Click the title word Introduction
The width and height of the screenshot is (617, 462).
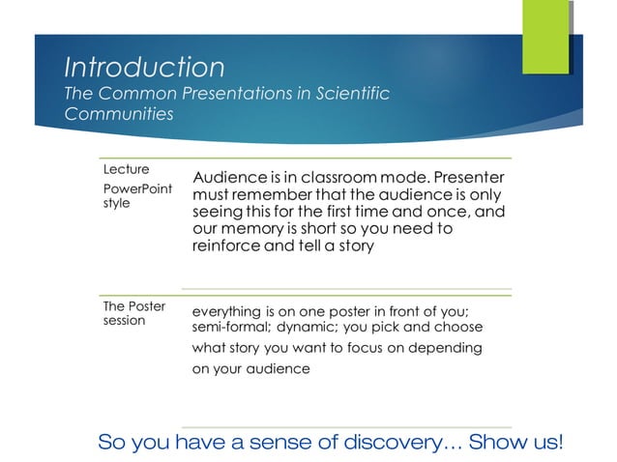(x=144, y=68)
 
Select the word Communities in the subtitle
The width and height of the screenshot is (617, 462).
(x=118, y=114)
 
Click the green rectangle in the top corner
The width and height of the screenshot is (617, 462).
(x=545, y=37)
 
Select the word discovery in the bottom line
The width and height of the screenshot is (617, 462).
(x=393, y=443)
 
